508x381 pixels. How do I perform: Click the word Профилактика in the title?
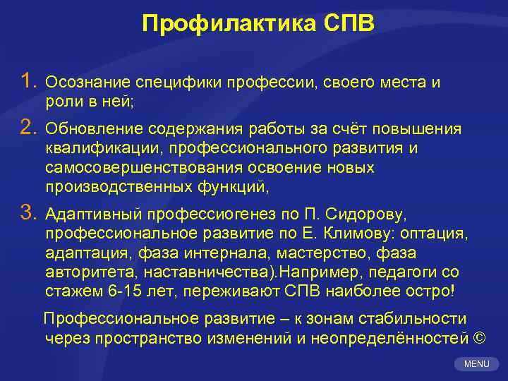click(x=219, y=24)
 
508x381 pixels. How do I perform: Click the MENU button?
click(x=476, y=363)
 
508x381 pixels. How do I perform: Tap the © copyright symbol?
click(x=480, y=338)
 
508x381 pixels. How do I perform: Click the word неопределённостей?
click(x=395, y=338)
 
